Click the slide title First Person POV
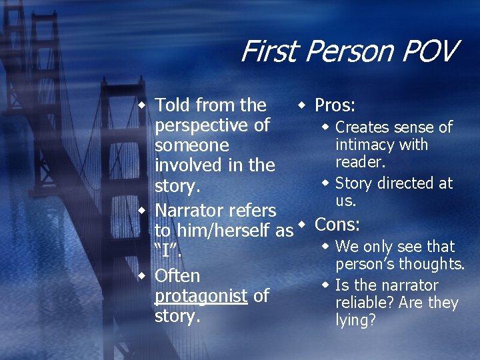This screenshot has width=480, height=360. (x=349, y=51)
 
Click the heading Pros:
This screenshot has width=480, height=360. (x=335, y=105)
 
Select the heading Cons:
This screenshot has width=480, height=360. (x=337, y=224)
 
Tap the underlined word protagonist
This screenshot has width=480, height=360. (x=201, y=296)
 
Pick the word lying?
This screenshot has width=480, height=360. (x=356, y=320)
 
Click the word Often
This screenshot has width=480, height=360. (x=177, y=276)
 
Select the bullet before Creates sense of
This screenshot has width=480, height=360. (x=325, y=127)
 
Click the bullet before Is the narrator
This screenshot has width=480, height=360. (x=325, y=285)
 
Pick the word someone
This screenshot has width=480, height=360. (x=191, y=145)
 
